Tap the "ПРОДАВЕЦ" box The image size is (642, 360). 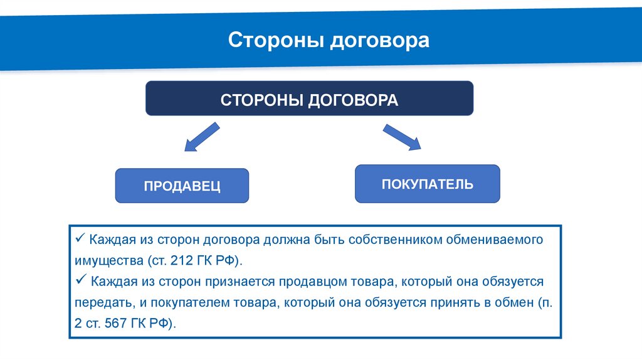point(182,186)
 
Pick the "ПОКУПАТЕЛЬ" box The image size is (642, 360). point(427,184)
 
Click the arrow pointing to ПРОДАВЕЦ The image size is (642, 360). point(201,138)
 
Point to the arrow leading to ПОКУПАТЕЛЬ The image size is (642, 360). point(402,137)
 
